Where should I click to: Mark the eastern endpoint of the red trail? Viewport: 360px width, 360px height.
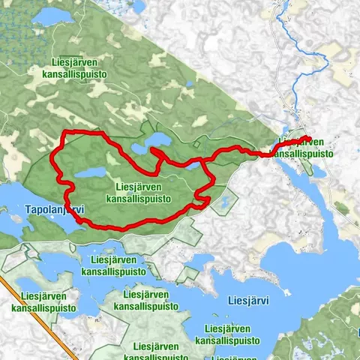(308, 138)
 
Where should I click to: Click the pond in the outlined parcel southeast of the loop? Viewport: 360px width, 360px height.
(223, 201)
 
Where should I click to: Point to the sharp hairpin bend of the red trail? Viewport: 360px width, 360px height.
(154, 152)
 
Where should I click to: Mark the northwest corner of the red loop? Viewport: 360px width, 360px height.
(64, 134)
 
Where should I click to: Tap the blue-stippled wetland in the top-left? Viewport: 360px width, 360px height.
(15, 45)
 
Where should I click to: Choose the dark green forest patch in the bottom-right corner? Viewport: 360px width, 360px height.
(341, 330)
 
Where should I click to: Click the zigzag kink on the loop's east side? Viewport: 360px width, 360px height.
(201, 198)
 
